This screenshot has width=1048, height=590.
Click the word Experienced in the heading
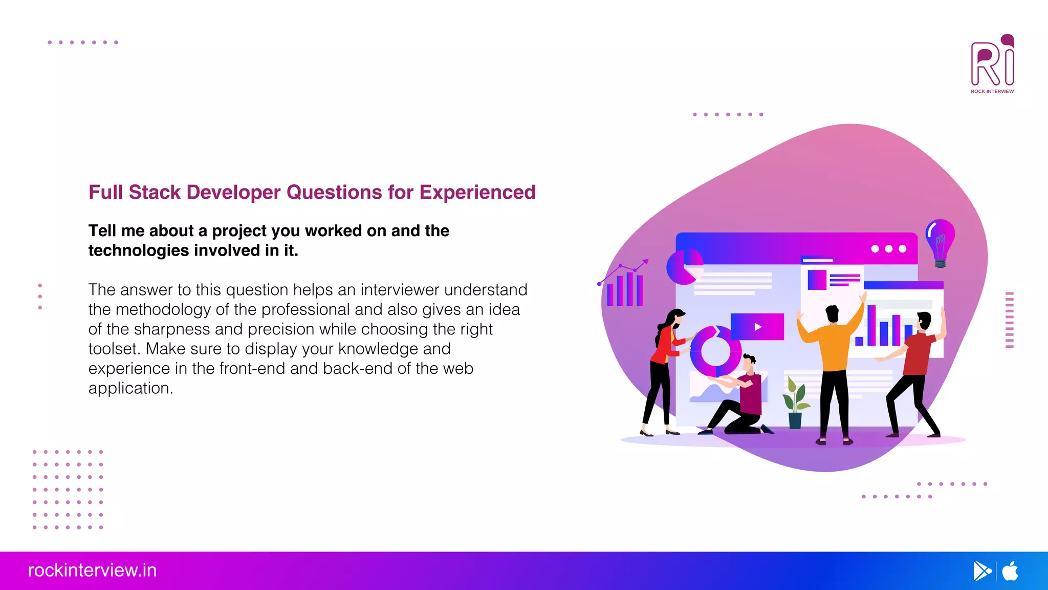tap(477, 193)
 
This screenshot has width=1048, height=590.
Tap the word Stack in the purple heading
tap(154, 193)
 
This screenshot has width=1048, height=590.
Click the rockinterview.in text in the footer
tap(92, 571)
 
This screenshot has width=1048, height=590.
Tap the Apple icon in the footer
tap(1010, 571)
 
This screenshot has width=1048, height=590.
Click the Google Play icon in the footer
tap(981, 571)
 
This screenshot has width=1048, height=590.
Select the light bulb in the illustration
tap(940, 241)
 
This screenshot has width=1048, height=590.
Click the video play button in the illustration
tap(757, 327)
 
